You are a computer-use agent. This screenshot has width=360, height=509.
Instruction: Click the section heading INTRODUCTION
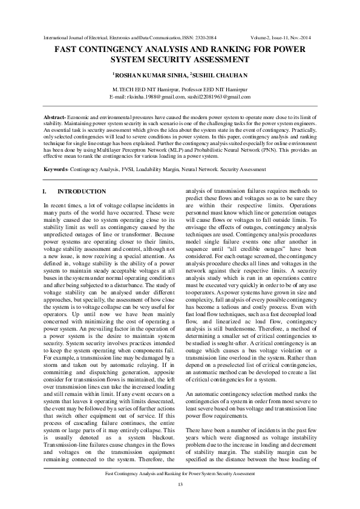[81, 192]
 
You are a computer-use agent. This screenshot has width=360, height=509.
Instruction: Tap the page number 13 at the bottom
[180, 485]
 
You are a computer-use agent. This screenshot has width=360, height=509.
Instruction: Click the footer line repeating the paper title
[180, 475]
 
